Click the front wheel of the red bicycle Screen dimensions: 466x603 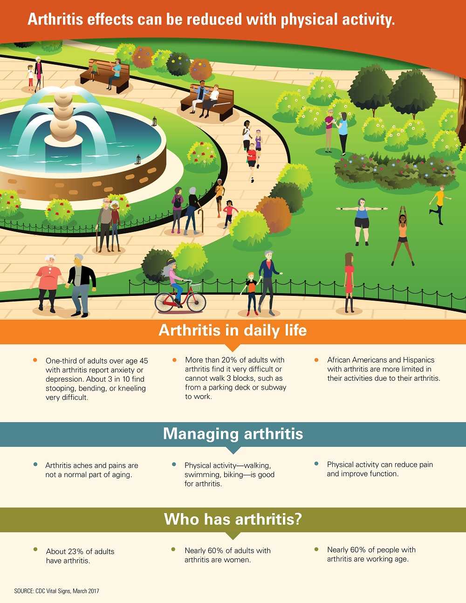pos(196,302)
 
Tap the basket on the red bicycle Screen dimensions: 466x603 pos(196,287)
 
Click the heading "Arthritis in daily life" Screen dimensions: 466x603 pos(233,330)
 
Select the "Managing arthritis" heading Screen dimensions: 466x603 pos(233,434)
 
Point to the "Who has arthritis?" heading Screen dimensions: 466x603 pos(233,519)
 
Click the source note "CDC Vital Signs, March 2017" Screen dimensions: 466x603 pos(67,591)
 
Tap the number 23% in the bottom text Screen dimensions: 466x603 pos(75,551)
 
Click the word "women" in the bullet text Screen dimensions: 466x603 pos(237,560)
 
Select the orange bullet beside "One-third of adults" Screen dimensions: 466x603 pos(35,360)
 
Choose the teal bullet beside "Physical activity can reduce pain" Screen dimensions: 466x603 pos(316,464)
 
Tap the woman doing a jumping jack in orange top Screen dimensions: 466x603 pos(403,236)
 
